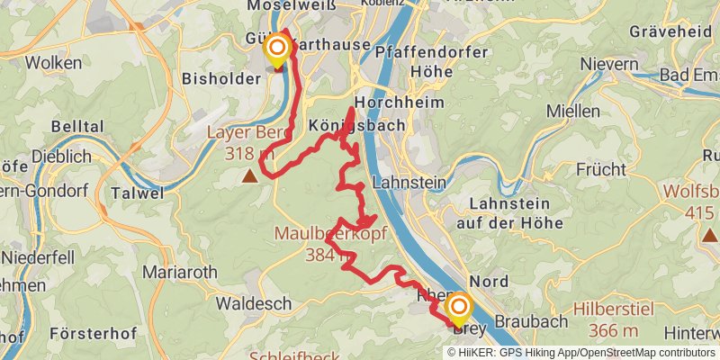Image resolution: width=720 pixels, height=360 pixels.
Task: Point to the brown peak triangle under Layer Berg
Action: (249, 176)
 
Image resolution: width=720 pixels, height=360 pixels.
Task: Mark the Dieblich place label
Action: (61, 157)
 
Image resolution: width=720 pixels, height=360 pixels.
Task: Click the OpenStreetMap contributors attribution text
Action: (643, 352)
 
